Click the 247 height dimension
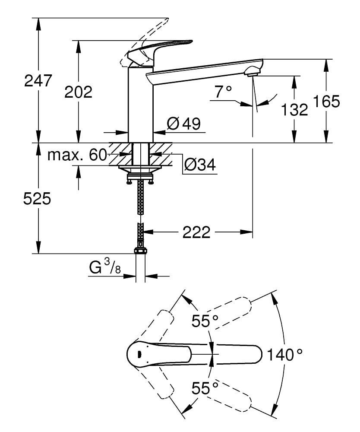point(38,81)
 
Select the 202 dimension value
point(78,92)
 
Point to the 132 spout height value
point(295,110)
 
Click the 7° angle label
point(223,91)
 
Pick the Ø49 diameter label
point(183,124)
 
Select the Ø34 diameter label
point(200,165)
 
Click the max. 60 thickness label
point(77,155)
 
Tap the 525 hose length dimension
point(37,199)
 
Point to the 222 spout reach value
point(196,232)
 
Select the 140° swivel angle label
point(284,355)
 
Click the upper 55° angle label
point(205,321)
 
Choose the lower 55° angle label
point(205,388)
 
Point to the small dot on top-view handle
point(139,354)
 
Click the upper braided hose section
point(140,197)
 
